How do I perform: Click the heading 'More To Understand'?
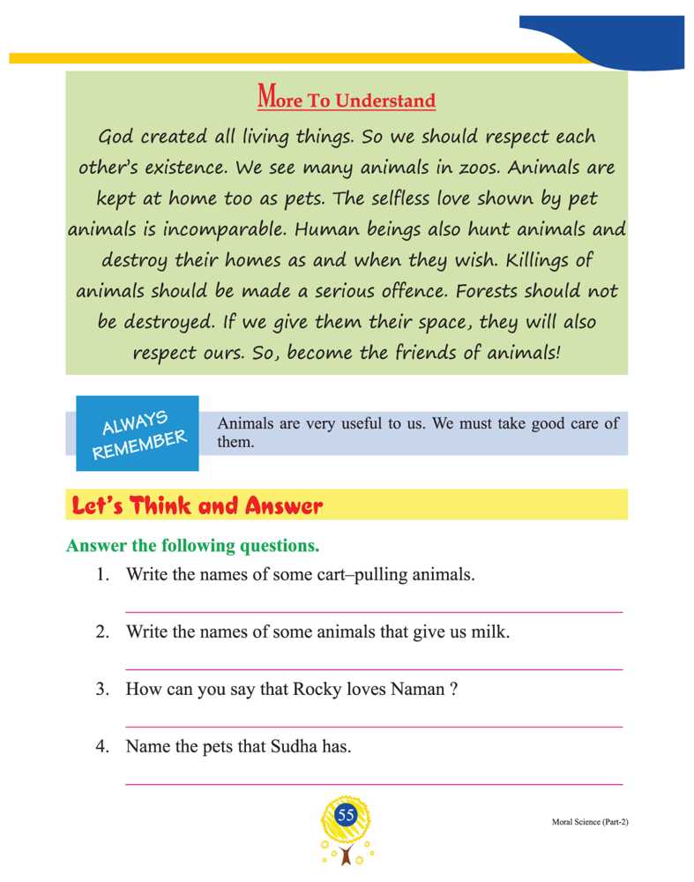tap(347, 98)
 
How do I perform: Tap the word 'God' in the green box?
tap(116, 138)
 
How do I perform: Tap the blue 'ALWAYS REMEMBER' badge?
tap(138, 432)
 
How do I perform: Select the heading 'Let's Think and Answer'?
tap(197, 506)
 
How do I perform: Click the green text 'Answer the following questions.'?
tap(192, 546)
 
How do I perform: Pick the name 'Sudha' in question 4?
tap(281, 747)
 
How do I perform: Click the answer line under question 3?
tap(374, 727)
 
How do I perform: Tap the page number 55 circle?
tap(346, 816)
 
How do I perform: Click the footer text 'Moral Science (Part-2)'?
tap(584, 821)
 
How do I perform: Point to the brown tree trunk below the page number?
tap(346, 855)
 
